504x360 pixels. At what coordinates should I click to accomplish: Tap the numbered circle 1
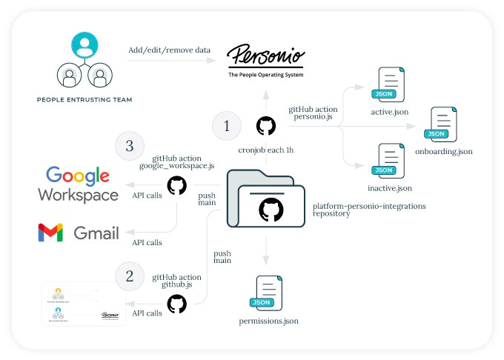point(227,127)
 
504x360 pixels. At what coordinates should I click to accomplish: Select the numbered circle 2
point(130,276)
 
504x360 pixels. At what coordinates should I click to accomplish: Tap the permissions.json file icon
point(268,294)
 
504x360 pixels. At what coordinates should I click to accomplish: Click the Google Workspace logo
point(78,185)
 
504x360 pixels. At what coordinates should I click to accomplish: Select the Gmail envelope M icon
point(50,233)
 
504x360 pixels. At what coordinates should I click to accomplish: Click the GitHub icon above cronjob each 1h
point(265,126)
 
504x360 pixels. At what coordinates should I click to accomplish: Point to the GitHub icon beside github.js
point(177,304)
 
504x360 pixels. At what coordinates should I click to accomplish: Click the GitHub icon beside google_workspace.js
point(177,185)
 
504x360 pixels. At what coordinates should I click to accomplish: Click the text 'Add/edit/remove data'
point(168,50)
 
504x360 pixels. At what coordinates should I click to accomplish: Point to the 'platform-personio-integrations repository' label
point(369,209)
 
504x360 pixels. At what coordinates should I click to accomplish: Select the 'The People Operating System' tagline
point(265,75)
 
